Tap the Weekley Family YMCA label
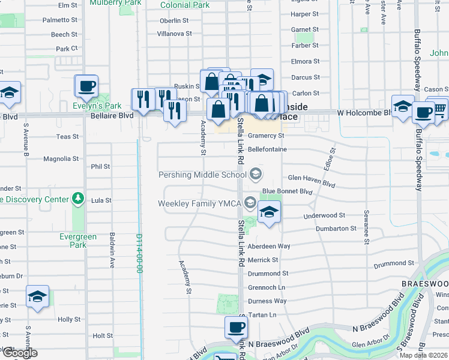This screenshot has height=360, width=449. click(x=199, y=203)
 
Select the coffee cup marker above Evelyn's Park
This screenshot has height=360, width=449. click(x=86, y=85)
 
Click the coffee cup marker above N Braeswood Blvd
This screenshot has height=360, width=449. click(x=236, y=327)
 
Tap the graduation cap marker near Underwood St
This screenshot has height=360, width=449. click(x=270, y=212)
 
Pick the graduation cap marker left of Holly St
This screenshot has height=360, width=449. click(x=37, y=296)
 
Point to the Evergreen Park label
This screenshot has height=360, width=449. click(x=78, y=241)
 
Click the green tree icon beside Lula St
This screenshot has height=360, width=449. click(x=77, y=198)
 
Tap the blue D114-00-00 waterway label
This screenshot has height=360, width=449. click(x=139, y=254)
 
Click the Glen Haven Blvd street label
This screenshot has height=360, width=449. click(x=311, y=178)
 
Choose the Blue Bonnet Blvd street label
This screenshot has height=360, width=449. click(x=287, y=191)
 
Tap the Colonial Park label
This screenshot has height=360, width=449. click(x=185, y=5)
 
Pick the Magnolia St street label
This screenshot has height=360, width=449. click(x=61, y=159)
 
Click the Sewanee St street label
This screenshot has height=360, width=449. click(x=366, y=227)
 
